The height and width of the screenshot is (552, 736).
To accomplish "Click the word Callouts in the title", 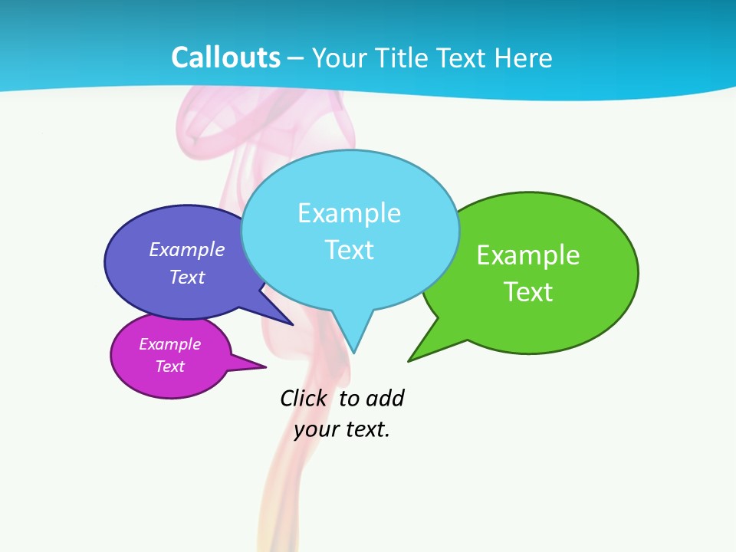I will [226, 58].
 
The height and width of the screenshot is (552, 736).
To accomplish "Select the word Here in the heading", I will [523, 58].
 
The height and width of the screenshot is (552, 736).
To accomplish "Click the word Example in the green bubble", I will [528, 255].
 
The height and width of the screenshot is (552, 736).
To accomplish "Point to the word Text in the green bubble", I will [528, 292].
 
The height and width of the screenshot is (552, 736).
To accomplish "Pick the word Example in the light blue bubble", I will [349, 213].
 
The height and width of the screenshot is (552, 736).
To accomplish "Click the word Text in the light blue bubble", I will [349, 250].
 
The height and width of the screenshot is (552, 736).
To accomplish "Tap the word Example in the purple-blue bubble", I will [187, 250].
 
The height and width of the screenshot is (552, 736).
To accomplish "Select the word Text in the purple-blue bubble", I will [187, 278].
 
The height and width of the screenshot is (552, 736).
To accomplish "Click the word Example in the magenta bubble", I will [170, 344].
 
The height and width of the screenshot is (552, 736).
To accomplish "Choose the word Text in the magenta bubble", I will [170, 366].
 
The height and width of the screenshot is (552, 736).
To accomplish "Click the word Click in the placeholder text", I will [303, 399].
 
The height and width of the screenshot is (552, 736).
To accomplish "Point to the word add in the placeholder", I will [385, 399].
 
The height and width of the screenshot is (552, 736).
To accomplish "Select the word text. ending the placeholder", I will [366, 429].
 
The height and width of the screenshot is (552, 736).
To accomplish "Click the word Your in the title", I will [339, 58].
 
